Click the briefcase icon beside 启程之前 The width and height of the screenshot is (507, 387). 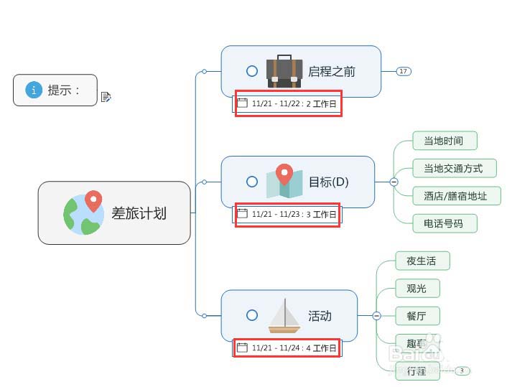284,71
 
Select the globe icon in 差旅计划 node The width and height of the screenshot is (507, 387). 83,213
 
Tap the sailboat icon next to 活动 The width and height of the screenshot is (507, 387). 284,316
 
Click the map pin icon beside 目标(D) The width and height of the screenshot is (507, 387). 284,181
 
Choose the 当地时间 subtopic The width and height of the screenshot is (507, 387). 444,141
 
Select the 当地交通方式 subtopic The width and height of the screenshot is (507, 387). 453,169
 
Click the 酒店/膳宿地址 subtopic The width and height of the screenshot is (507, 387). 455,196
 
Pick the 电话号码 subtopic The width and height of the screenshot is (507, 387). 444,223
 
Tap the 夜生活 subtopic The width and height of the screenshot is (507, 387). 422,261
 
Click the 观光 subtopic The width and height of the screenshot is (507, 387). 417,288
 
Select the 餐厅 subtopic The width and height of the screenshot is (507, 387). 417,315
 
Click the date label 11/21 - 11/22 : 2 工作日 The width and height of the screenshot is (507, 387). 288,103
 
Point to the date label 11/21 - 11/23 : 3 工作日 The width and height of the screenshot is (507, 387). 287,214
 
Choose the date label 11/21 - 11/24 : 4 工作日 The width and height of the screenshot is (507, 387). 287,348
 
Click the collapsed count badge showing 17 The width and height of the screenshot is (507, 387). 404,71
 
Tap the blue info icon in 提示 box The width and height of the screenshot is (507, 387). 34,90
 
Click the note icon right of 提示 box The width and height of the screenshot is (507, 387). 106,97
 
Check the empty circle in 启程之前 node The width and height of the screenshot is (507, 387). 252,71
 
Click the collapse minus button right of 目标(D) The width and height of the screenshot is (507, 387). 394,182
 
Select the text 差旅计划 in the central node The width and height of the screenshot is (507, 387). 139,213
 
